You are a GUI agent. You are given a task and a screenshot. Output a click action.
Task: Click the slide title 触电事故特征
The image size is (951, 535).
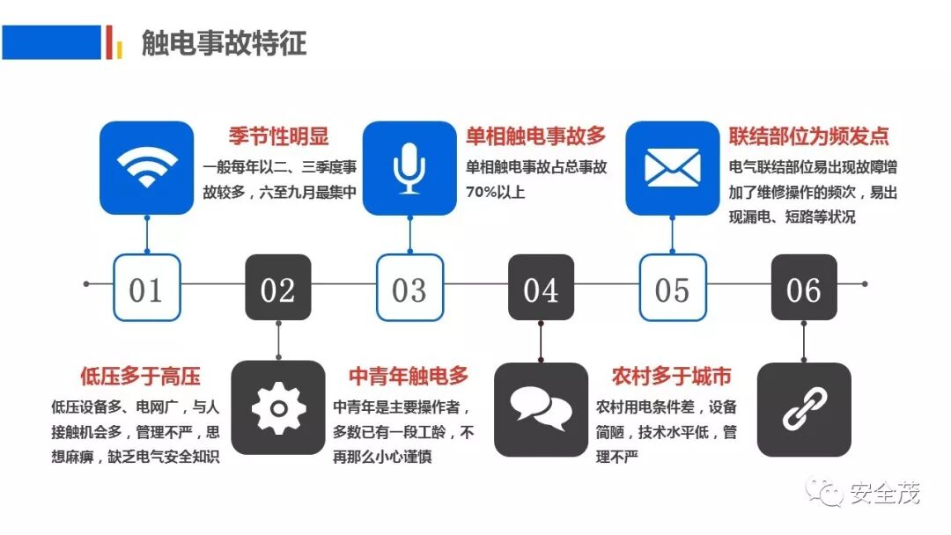coord(224,42)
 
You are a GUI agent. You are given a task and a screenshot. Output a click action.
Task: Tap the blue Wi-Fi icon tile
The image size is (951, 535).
coord(146,167)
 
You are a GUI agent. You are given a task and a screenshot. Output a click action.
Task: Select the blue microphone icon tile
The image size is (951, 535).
coord(409,167)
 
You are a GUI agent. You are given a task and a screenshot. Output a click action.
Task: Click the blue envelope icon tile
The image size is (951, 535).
coord(672,167)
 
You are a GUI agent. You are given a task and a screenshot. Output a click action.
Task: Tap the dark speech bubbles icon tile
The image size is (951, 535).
coord(541,408)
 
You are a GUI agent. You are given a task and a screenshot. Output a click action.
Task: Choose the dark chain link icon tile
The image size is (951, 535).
coord(803,408)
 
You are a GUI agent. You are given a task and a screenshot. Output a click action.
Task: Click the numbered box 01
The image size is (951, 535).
coord(146,288)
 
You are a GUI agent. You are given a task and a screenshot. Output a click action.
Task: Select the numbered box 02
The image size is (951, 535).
coord(277,288)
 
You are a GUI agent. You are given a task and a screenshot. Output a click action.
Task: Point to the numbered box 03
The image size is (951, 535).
coord(409,288)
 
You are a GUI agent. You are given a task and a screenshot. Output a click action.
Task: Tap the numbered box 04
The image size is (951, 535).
coord(541,288)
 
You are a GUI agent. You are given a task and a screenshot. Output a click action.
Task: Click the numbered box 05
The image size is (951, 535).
coord(672,288)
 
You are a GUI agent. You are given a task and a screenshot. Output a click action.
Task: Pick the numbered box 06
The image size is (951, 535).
coord(803,288)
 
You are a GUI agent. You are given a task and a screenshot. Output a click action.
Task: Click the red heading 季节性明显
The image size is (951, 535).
coord(278,136)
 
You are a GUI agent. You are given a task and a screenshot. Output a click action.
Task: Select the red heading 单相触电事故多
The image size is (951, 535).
coord(536,136)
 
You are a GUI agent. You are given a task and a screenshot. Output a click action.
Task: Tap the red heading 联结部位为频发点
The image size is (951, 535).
coord(808,136)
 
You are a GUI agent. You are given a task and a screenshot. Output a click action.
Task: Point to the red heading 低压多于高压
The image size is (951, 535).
coord(140,377)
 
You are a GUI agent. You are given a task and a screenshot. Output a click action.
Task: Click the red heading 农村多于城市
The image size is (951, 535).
coord(671,377)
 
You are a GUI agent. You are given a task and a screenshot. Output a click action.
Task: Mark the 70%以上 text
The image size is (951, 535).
coord(495,191)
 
